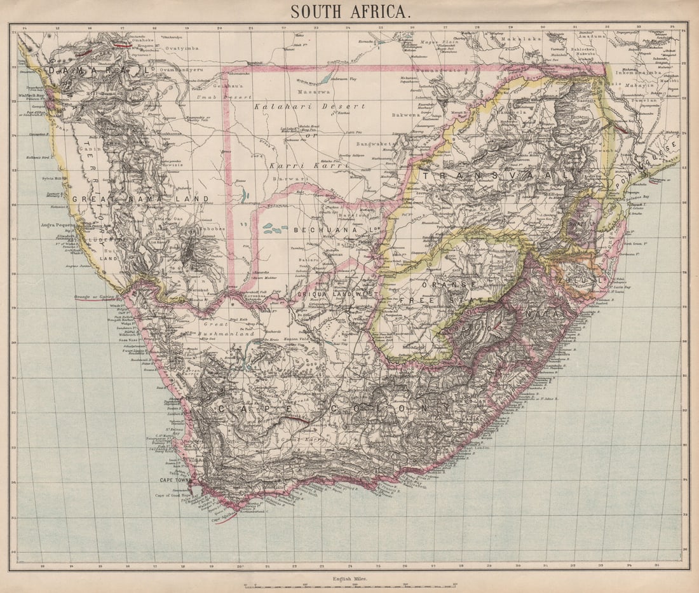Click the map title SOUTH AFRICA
350,11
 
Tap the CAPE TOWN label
173,480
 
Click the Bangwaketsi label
380,144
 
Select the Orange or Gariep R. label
96,296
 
